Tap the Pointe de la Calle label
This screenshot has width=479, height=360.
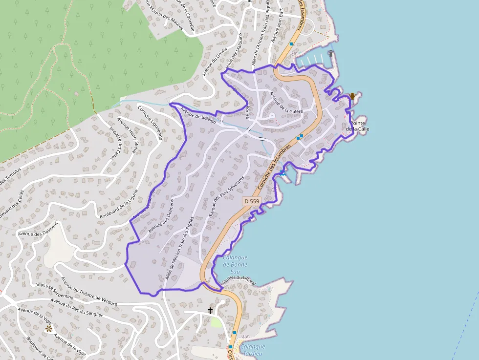click(357, 126)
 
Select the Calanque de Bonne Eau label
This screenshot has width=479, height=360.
click(235, 264)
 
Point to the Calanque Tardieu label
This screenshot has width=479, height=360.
click(253, 350)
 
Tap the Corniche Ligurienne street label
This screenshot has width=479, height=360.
click(150, 123)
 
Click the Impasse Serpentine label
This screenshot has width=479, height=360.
click(55, 291)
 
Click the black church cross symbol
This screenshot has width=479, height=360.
click(210, 310)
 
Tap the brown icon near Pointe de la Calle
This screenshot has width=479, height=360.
click(352, 96)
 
